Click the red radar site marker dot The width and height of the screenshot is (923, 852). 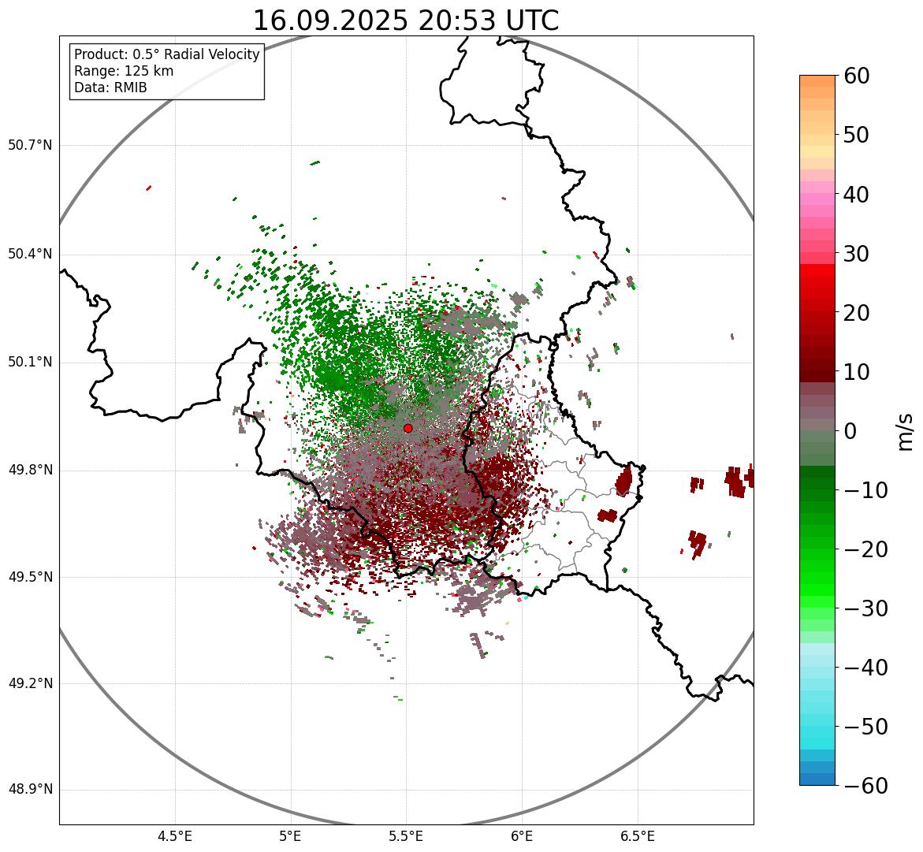408,428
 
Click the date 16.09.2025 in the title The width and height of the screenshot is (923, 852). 330,20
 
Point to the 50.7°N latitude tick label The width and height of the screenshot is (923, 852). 30,145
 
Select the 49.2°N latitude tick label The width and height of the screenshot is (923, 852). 30,683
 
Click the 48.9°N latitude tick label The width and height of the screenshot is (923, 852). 30,790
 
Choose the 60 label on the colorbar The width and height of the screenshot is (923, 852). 856,76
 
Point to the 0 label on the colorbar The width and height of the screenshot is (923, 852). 850,431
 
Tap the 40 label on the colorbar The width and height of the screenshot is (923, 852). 856,194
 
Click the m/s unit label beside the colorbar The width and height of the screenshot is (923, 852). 906,431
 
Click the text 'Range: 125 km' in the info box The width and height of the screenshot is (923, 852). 124,71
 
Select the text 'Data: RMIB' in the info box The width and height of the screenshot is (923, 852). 110,87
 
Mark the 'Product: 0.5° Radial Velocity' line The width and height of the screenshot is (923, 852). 166,54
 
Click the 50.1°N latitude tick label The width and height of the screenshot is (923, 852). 30,363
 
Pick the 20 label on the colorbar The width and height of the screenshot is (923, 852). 856,313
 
